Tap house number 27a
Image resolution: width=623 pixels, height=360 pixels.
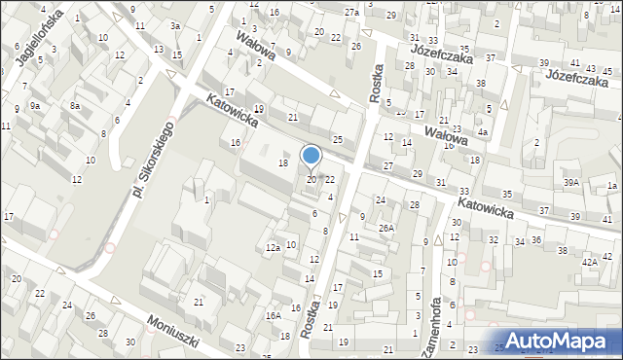[351, 12]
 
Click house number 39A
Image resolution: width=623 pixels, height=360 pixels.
[570, 182]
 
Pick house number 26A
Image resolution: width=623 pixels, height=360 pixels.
[386, 229]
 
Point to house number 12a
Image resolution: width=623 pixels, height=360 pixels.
[273, 248]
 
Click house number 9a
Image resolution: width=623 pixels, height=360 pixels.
[34, 104]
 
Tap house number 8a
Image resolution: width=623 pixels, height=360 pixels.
[74, 104]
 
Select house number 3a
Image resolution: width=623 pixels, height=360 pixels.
[174, 25]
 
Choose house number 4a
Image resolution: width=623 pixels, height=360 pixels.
[482, 132]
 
